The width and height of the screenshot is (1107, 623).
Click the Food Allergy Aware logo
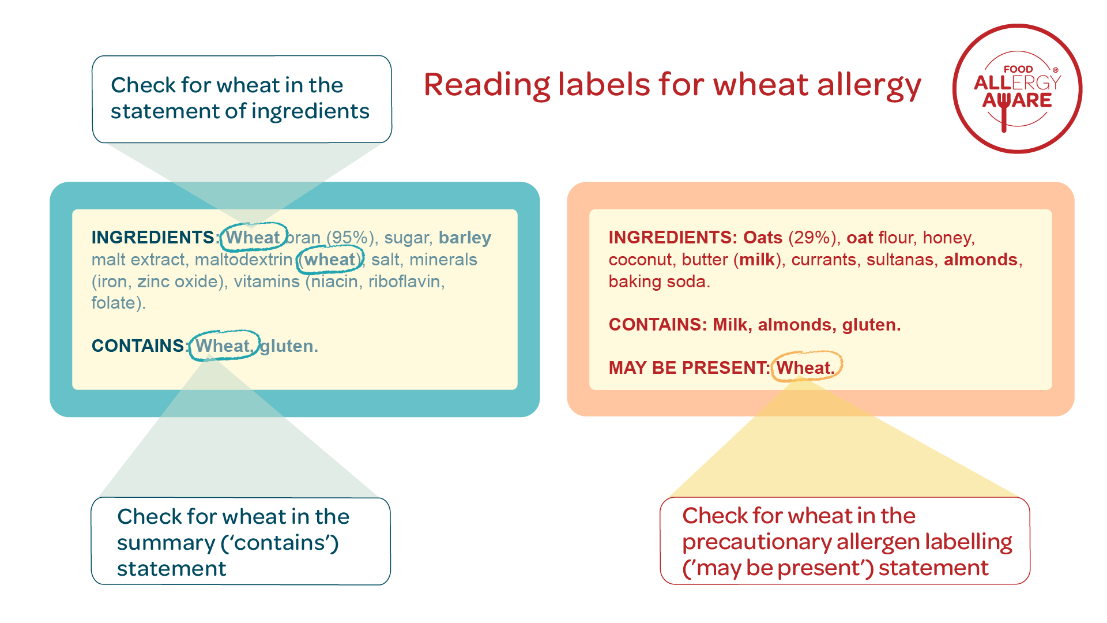coord(1017,89)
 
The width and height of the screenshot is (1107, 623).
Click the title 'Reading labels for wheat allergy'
coord(672,85)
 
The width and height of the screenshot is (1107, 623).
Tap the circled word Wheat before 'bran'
coord(253,237)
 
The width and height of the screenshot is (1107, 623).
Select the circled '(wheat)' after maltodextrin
coord(330,260)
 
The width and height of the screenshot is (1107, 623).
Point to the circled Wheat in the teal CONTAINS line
coord(224,346)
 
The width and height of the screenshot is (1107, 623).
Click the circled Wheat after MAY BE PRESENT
coord(806,367)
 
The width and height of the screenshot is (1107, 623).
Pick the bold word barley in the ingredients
coord(465,238)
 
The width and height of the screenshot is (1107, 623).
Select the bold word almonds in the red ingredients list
coord(981,260)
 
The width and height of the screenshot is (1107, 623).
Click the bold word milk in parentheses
coord(757,260)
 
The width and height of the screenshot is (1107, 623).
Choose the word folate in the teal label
coord(114,303)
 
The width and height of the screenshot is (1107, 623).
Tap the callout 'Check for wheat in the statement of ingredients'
coord(242,99)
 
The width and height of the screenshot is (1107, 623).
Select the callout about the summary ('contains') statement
coord(241,541)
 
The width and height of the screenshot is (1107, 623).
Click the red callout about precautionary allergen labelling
coord(845,541)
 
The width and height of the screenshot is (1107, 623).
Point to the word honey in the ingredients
coord(947,238)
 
